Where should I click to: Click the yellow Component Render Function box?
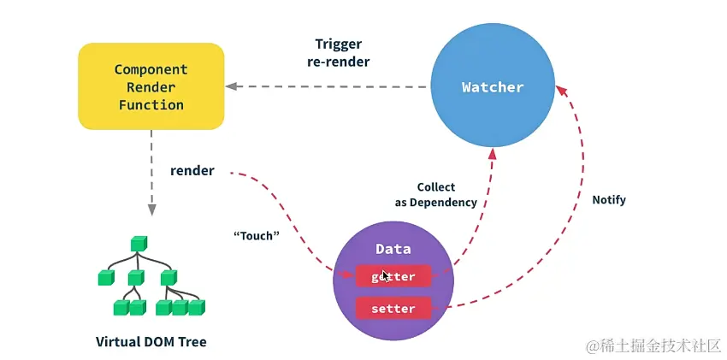tap(151, 86)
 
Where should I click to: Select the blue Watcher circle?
tap(492, 86)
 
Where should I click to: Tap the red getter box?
tap(393, 276)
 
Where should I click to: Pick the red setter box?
tap(393, 308)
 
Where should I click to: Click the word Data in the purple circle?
tap(393, 249)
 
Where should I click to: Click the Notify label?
tap(609, 199)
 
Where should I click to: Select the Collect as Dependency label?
tap(435, 194)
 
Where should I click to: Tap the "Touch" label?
tap(257, 235)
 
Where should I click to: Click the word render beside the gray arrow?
tap(192, 171)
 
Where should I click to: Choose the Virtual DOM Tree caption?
tap(151, 341)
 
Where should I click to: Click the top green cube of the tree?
tap(138, 245)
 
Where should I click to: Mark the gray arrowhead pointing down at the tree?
tap(151, 209)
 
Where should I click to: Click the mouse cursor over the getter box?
tap(386, 276)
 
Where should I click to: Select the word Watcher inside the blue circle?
tap(492, 87)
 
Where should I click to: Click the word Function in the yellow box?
tap(151, 105)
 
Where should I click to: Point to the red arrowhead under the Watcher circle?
tap(493, 153)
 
